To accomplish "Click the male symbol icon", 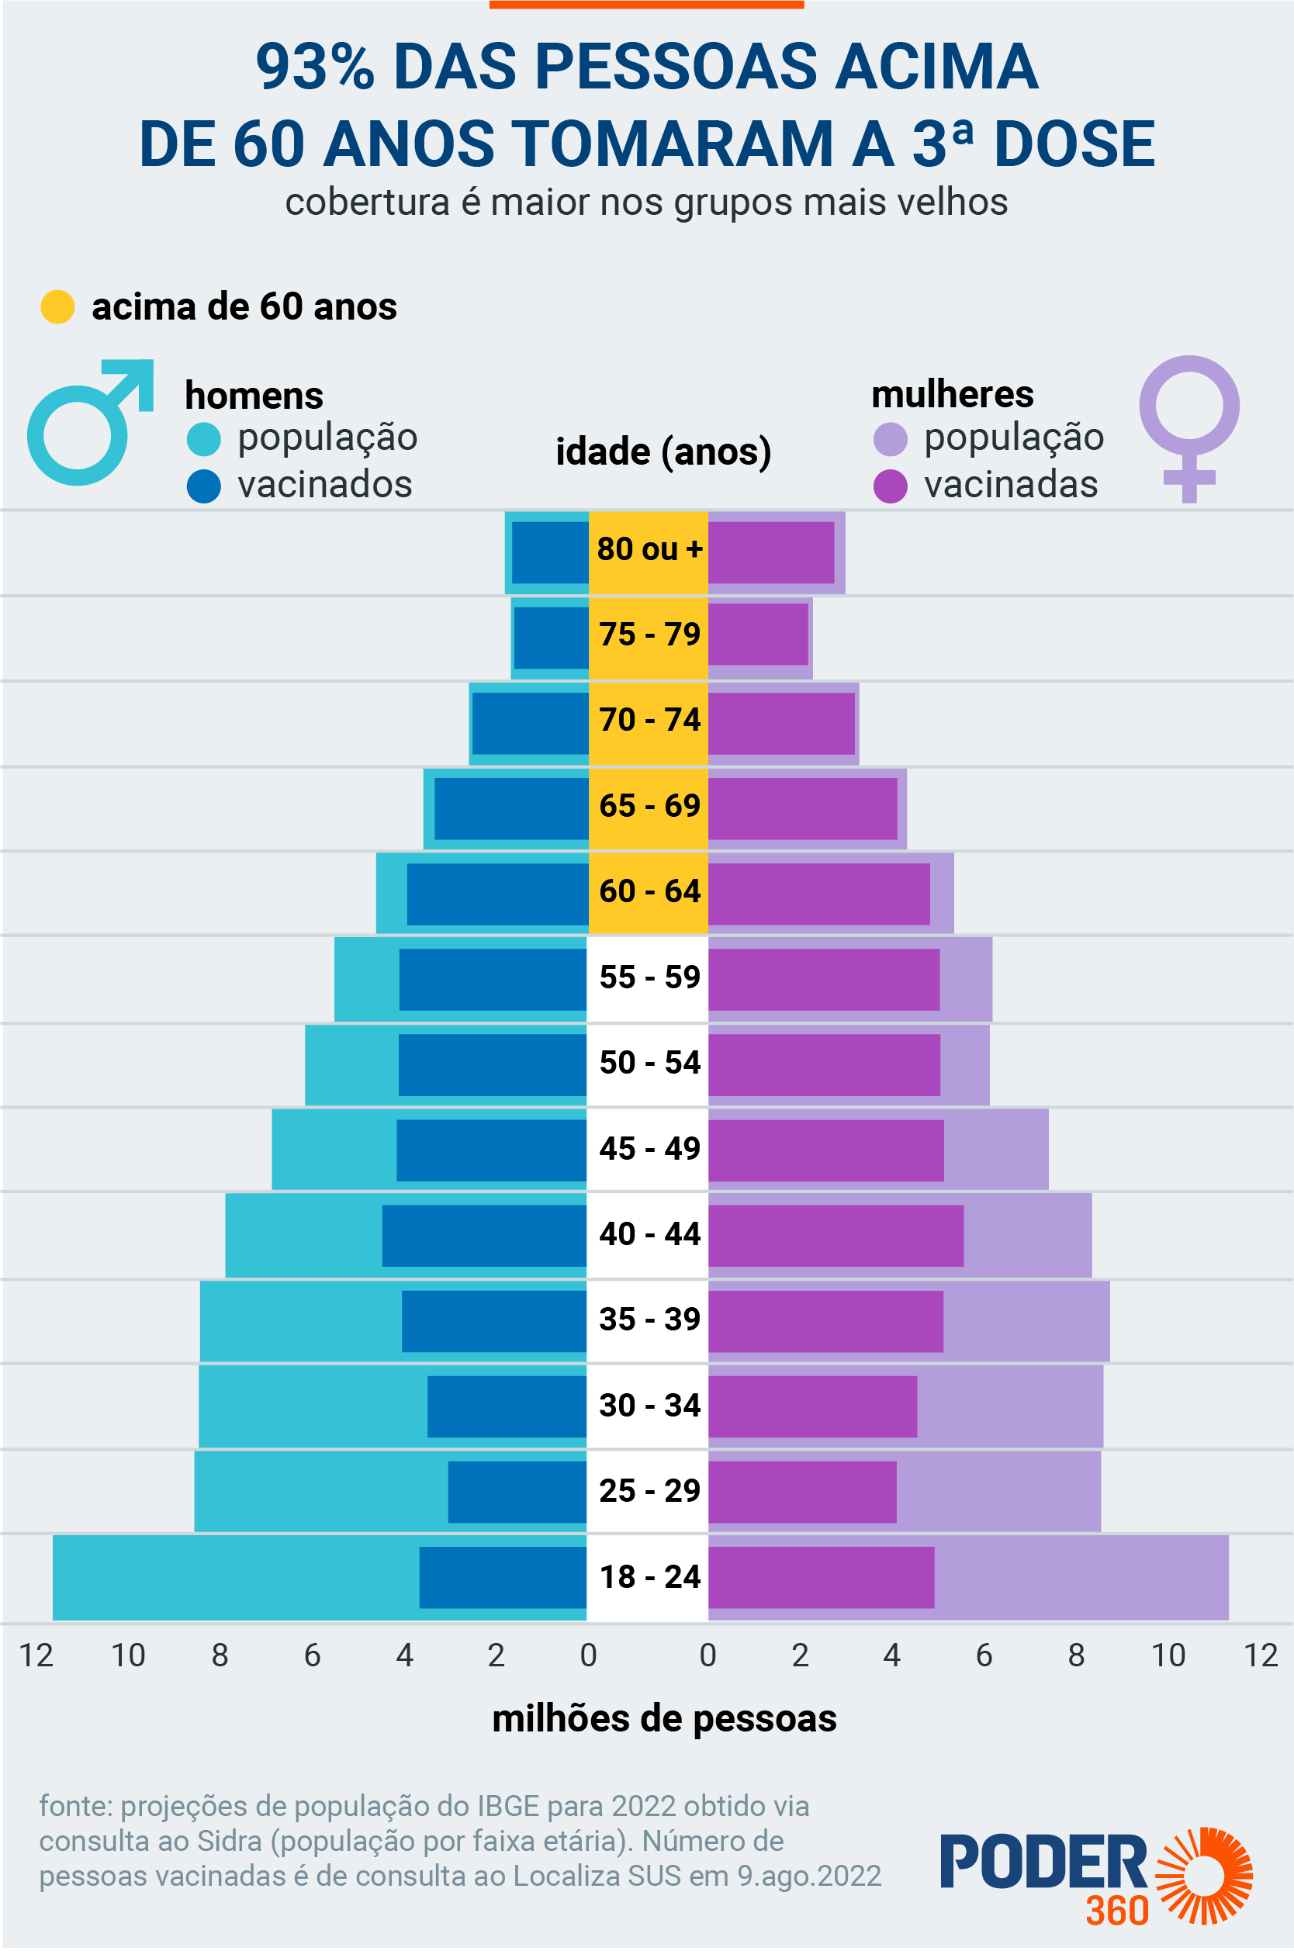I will click(x=87, y=424).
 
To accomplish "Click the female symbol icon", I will click(x=1188, y=425).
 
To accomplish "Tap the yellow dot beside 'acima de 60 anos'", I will click(x=57, y=307).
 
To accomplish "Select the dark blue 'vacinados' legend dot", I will click(x=204, y=486).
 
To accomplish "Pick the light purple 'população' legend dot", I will click(x=890, y=439).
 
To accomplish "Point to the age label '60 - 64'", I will click(x=649, y=892).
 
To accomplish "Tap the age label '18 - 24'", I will click(x=649, y=1577).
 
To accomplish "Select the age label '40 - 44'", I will click(x=649, y=1235).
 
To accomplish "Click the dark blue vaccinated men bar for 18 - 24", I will click(x=503, y=1577).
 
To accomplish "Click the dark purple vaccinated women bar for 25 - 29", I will click(x=802, y=1491).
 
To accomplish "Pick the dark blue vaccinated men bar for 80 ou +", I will click(x=549, y=553).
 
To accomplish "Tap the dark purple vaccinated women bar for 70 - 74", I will click(x=780, y=724).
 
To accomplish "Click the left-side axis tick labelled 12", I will click(x=36, y=1655).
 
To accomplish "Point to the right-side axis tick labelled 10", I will click(x=1168, y=1655).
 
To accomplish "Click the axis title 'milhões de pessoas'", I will click(x=664, y=1719).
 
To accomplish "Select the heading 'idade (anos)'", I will click(x=663, y=452).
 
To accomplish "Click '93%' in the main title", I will click(x=315, y=67).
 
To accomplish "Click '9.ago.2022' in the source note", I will click(x=808, y=1876).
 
